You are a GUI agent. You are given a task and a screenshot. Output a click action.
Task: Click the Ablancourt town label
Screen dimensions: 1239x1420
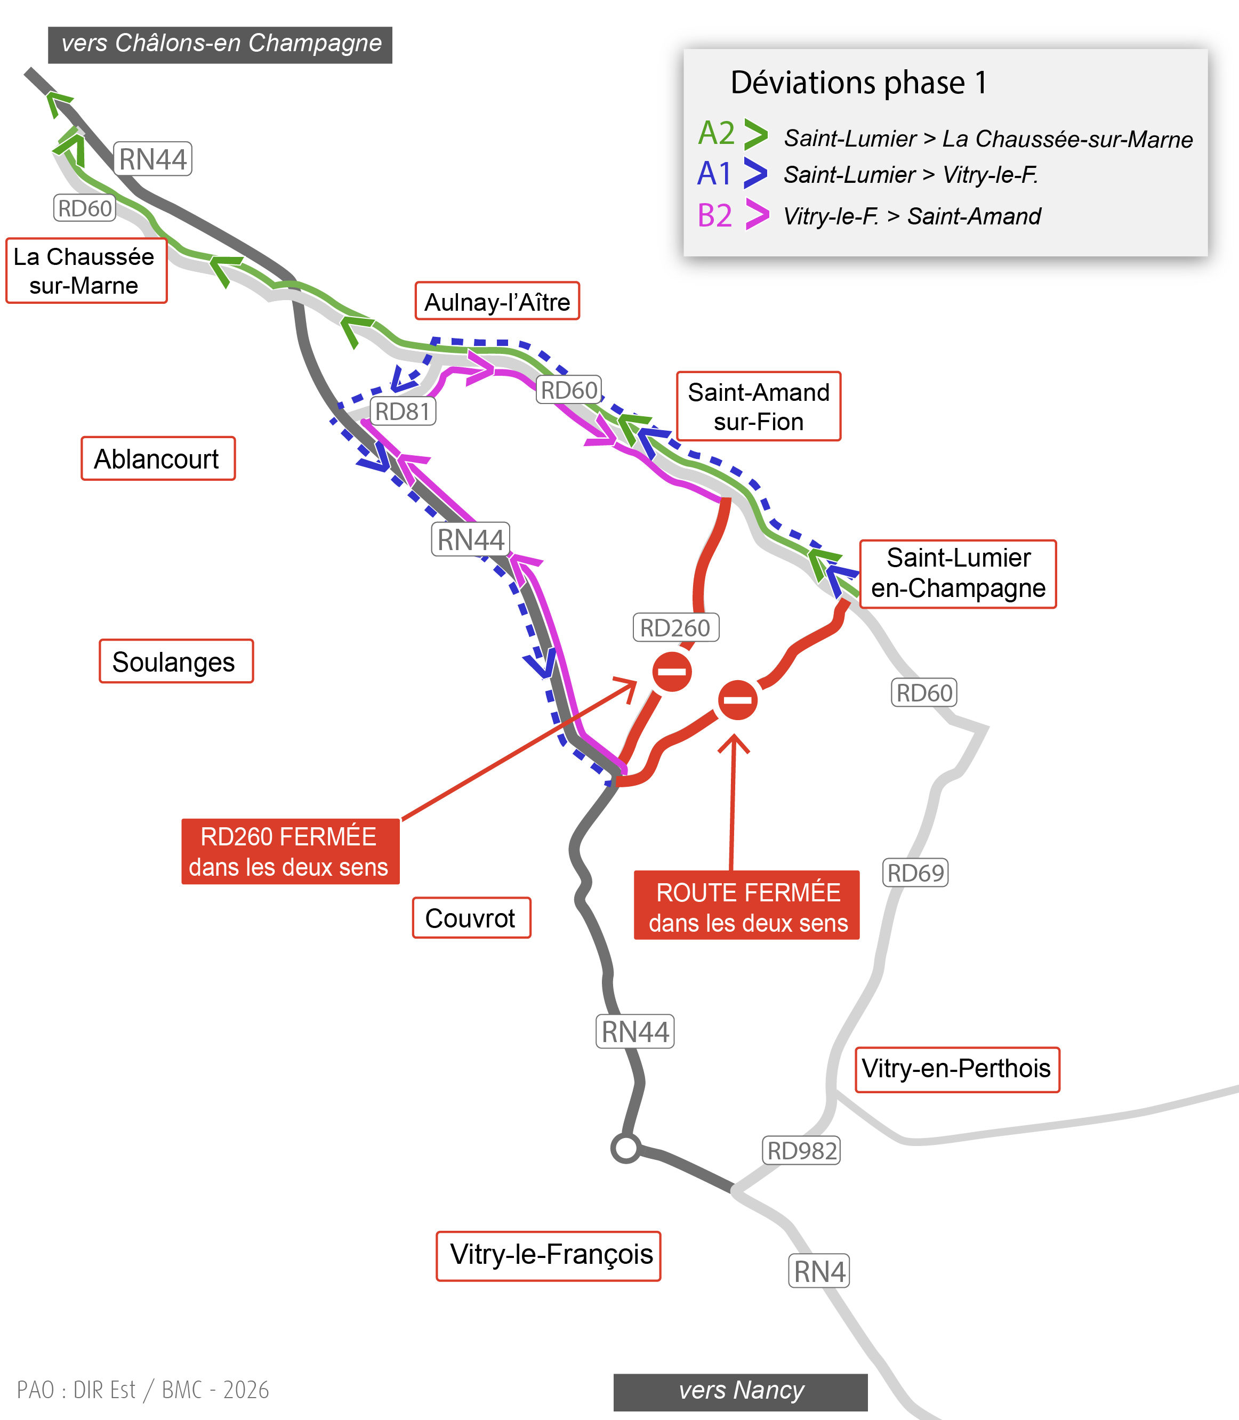pyautogui.click(x=158, y=458)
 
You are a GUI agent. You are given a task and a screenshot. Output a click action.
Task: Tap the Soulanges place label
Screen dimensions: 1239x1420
pyautogui.click(x=176, y=661)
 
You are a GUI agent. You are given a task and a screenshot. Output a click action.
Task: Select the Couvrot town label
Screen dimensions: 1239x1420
pyautogui.click(x=471, y=918)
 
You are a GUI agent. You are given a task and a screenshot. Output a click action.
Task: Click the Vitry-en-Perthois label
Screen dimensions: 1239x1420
pyautogui.click(x=958, y=1069)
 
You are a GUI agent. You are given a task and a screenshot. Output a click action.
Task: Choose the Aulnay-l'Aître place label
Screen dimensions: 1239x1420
pyautogui.click(x=497, y=301)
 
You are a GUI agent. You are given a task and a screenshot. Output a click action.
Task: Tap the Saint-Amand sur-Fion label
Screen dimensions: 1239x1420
pyautogui.click(x=759, y=407)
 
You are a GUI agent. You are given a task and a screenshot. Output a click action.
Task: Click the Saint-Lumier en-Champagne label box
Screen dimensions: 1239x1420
pyautogui.click(x=958, y=574)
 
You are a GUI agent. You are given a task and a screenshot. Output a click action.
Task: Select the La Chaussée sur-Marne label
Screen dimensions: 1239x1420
pyautogui.click(x=86, y=270)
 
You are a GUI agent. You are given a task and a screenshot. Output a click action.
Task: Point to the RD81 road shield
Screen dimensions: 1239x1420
pyautogui.click(x=404, y=412)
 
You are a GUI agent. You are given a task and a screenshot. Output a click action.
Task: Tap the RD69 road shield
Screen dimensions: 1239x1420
pyautogui.click(x=915, y=873)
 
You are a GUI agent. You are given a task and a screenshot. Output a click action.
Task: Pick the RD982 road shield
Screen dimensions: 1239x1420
pyautogui.click(x=801, y=1150)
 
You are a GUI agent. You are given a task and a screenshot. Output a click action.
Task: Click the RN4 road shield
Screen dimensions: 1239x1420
pyautogui.click(x=819, y=1271)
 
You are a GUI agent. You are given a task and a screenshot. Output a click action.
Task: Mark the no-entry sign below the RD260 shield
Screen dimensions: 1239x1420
pyautogui.click(x=672, y=671)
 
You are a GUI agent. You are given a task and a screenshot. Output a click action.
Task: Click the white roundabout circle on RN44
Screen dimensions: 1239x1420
pyautogui.click(x=626, y=1148)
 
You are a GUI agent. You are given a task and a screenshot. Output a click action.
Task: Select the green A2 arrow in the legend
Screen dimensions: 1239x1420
pyautogui.click(x=755, y=134)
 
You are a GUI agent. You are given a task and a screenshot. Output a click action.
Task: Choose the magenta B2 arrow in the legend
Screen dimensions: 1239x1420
pyautogui.click(x=757, y=214)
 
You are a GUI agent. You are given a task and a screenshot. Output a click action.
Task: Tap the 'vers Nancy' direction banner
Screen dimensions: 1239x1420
pyautogui.click(x=741, y=1392)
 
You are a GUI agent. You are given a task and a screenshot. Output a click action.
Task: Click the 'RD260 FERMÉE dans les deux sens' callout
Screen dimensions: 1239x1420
pyautogui.click(x=291, y=852)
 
